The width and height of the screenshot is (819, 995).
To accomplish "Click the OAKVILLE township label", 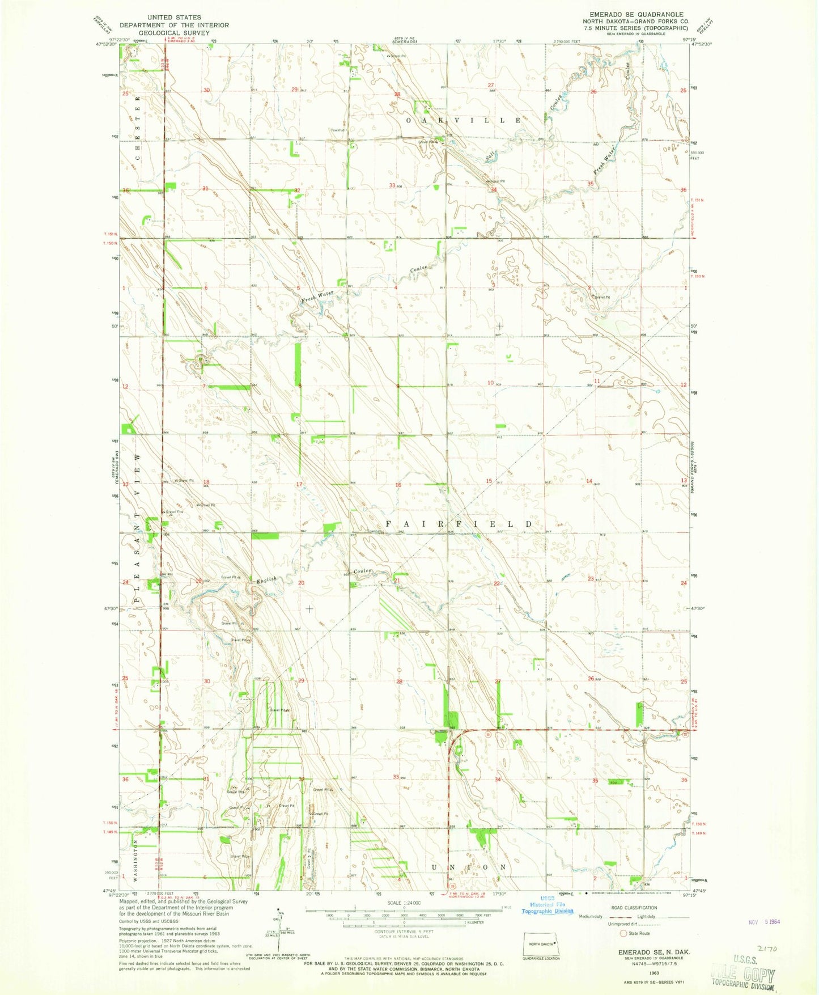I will (463, 121).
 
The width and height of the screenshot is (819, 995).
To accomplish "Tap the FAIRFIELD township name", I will (459, 524).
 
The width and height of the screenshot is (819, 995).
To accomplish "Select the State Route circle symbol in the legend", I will (623, 933).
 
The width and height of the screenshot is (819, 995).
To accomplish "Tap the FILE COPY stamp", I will (742, 975).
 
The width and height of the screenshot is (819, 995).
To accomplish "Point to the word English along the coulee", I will (266, 580).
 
